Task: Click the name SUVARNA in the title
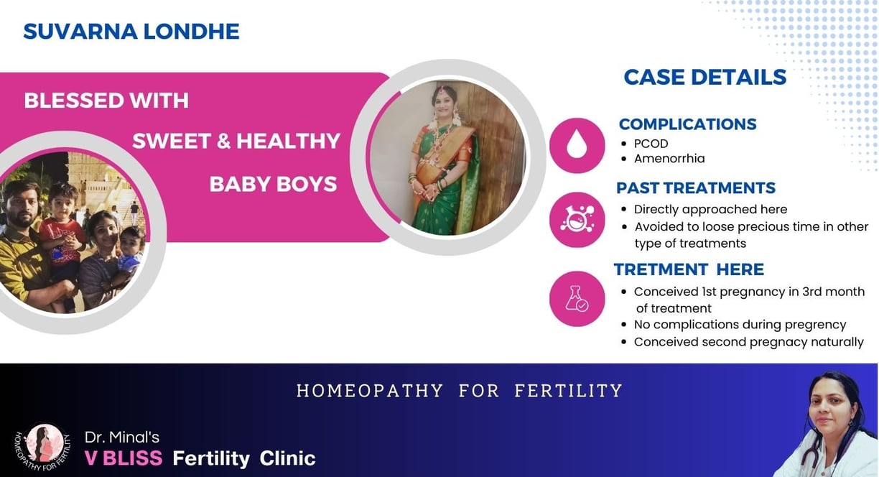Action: coord(80,32)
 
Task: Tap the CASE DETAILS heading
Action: coord(705,77)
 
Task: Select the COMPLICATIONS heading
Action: coord(687,124)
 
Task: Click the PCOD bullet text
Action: coord(651,144)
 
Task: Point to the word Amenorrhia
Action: coord(669,159)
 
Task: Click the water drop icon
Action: coord(577,144)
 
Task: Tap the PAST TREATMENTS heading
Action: coord(696,188)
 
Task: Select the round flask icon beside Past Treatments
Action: coord(577,219)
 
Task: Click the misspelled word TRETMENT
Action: coord(661,269)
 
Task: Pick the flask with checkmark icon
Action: coord(577,298)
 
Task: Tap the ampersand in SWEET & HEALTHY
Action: coord(223,141)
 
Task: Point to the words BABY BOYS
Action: coord(273,184)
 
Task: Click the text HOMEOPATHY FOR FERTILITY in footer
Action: coord(460,391)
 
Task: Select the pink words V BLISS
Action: coord(124,458)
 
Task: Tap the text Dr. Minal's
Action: coord(122,437)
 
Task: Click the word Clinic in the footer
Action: coord(287,458)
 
